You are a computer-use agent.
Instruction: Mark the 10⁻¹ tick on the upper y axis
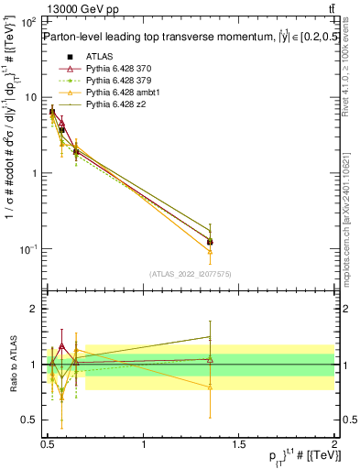coord(27,249)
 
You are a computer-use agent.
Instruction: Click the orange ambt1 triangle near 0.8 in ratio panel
coord(211,387)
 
